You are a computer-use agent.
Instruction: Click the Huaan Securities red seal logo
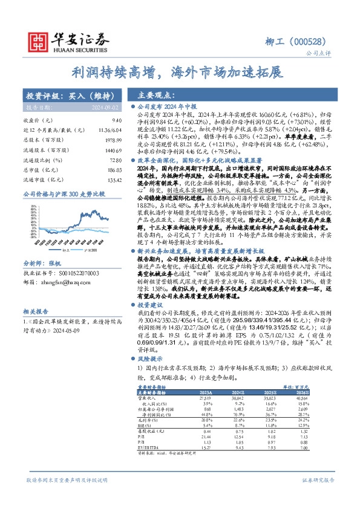coord(40,42)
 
